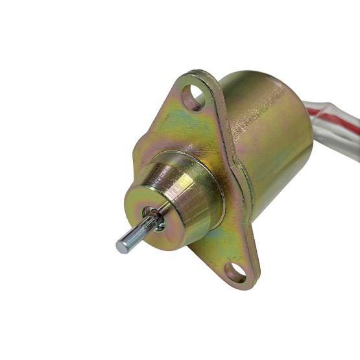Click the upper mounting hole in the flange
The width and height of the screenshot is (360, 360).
[193, 98]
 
